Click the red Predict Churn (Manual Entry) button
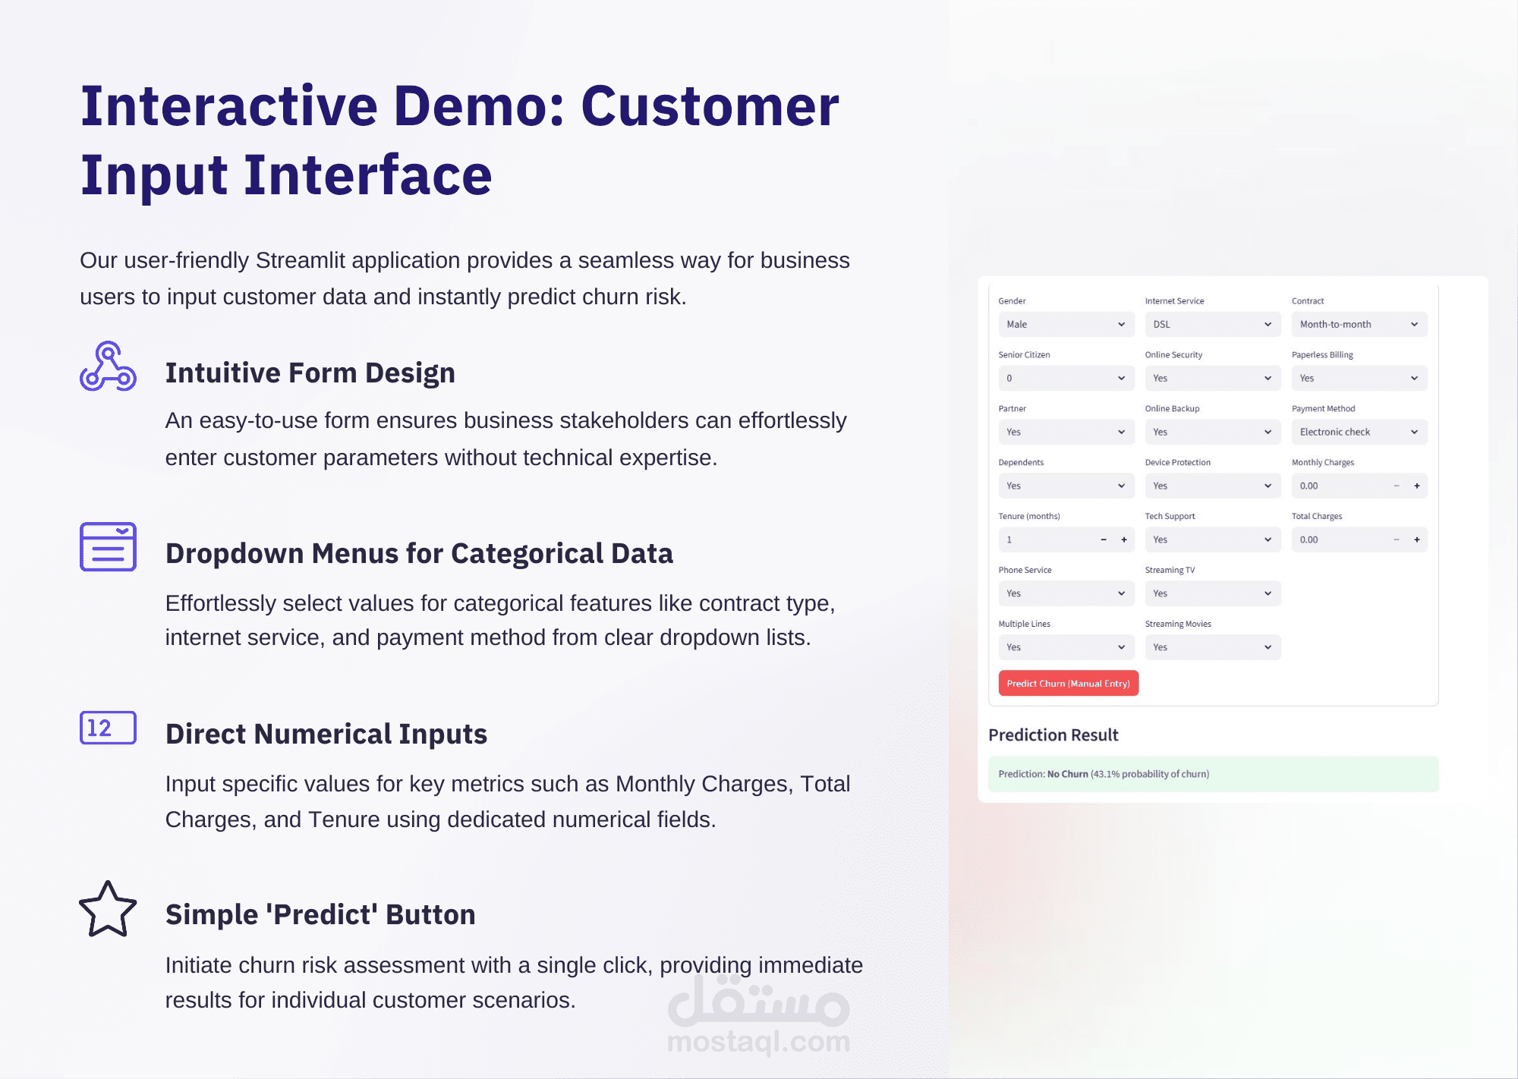(x=1068, y=683)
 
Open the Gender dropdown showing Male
(x=1066, y=324)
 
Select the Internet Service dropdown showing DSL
(x=1212, y=324)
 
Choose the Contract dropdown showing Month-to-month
(x=1359, y=324)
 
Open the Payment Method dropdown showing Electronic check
(x=1359, y=432)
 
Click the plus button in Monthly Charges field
(x=1416, y=486)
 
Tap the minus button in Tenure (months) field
(x=1104, y=539)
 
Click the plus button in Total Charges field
(x=1416, y=539)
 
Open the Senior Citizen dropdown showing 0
(x=1066, y=378)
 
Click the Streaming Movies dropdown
(x=1212, y=647)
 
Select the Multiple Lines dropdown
(x=1066, y=647)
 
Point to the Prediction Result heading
(x=1053, y=735)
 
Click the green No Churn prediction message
(x=1213, y=774)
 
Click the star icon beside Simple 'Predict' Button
(x=108, y=909)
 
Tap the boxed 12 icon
(x=108, y=728)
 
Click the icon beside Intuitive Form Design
(x=108, y=366)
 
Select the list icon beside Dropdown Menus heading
(x=108, y=546)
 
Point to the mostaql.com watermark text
(x=758, y=1041)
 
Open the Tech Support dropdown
(x=1212, y=539)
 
